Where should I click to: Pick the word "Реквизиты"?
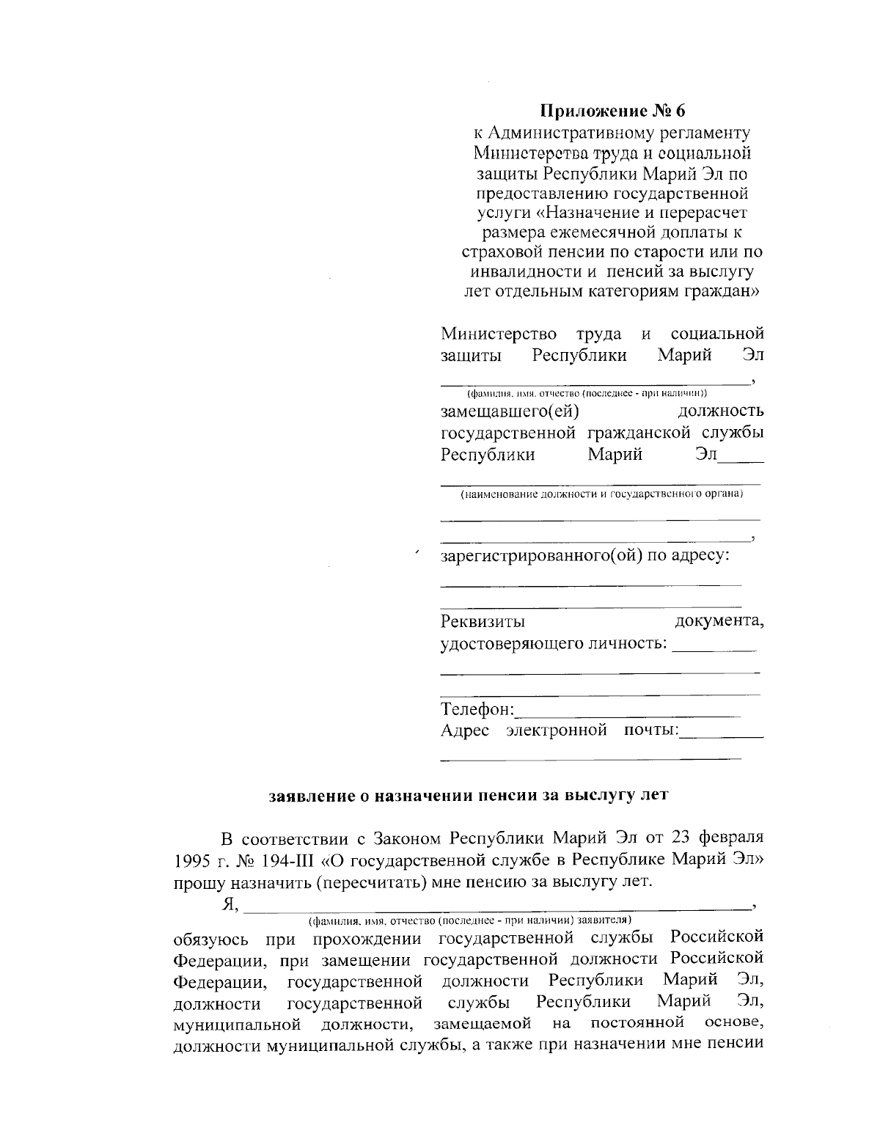483,622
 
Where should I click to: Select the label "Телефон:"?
478,709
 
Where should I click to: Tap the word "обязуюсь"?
210,939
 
